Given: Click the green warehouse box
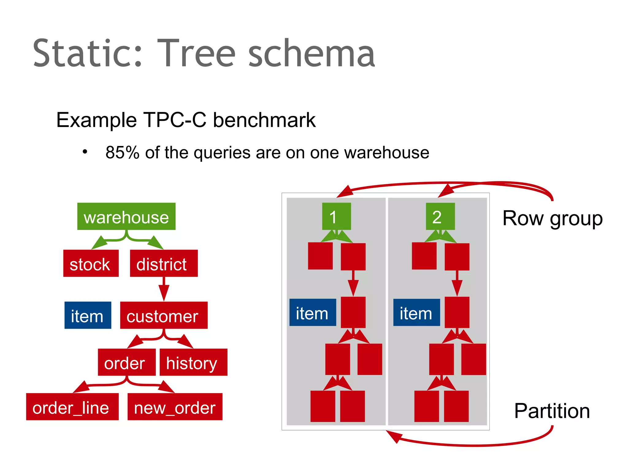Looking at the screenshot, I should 126,216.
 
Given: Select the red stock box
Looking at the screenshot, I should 90,263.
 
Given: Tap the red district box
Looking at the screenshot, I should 163,263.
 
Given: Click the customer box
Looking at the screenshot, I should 163,315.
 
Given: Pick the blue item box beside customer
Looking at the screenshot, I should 88,315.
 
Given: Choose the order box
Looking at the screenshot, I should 126,362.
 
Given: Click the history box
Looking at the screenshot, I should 193,362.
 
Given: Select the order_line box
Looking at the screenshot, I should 72,407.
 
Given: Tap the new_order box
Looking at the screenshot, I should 175,407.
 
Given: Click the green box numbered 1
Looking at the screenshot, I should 336,216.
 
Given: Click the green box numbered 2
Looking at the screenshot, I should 440,216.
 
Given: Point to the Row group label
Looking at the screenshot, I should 552,218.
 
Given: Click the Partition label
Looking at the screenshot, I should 552,411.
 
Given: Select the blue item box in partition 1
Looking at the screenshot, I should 312,312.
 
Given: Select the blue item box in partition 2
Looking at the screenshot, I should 416,312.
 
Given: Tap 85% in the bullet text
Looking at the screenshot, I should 122,152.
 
